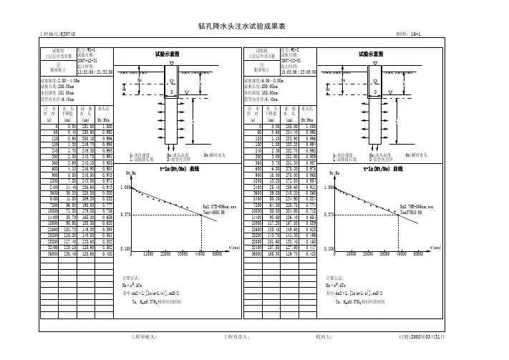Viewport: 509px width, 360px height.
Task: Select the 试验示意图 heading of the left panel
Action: (x=167, y=54)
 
